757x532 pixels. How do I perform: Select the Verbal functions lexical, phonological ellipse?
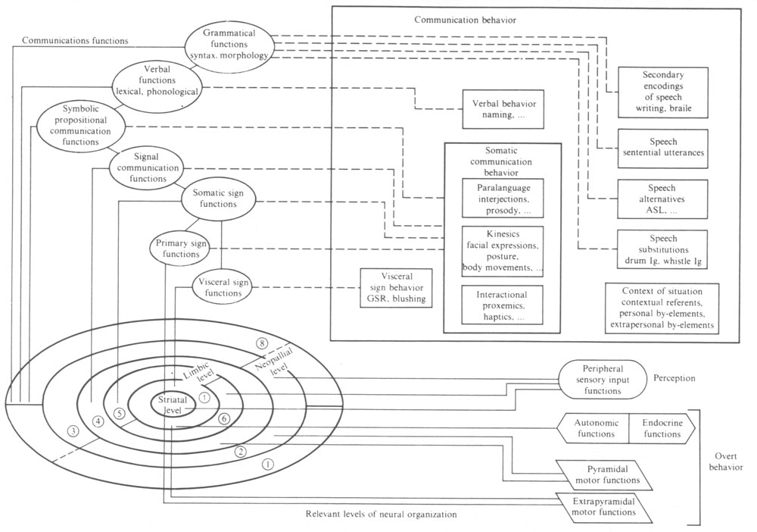point(157,84)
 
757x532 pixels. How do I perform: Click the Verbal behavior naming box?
point(503,109)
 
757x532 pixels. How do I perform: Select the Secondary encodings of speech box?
point(662,92)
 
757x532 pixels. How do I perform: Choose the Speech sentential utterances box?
point(662,147)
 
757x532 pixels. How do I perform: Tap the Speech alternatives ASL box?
point(662,198)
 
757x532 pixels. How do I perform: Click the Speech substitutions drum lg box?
point(662,249)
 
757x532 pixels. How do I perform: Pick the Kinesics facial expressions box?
point(503,249)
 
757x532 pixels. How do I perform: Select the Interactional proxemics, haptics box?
point(503,305)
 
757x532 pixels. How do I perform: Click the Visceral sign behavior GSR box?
point(396,287)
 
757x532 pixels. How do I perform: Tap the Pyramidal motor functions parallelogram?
point(603,473)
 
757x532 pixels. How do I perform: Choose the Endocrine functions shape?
point(661,429)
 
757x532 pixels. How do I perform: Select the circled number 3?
point(73,431)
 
